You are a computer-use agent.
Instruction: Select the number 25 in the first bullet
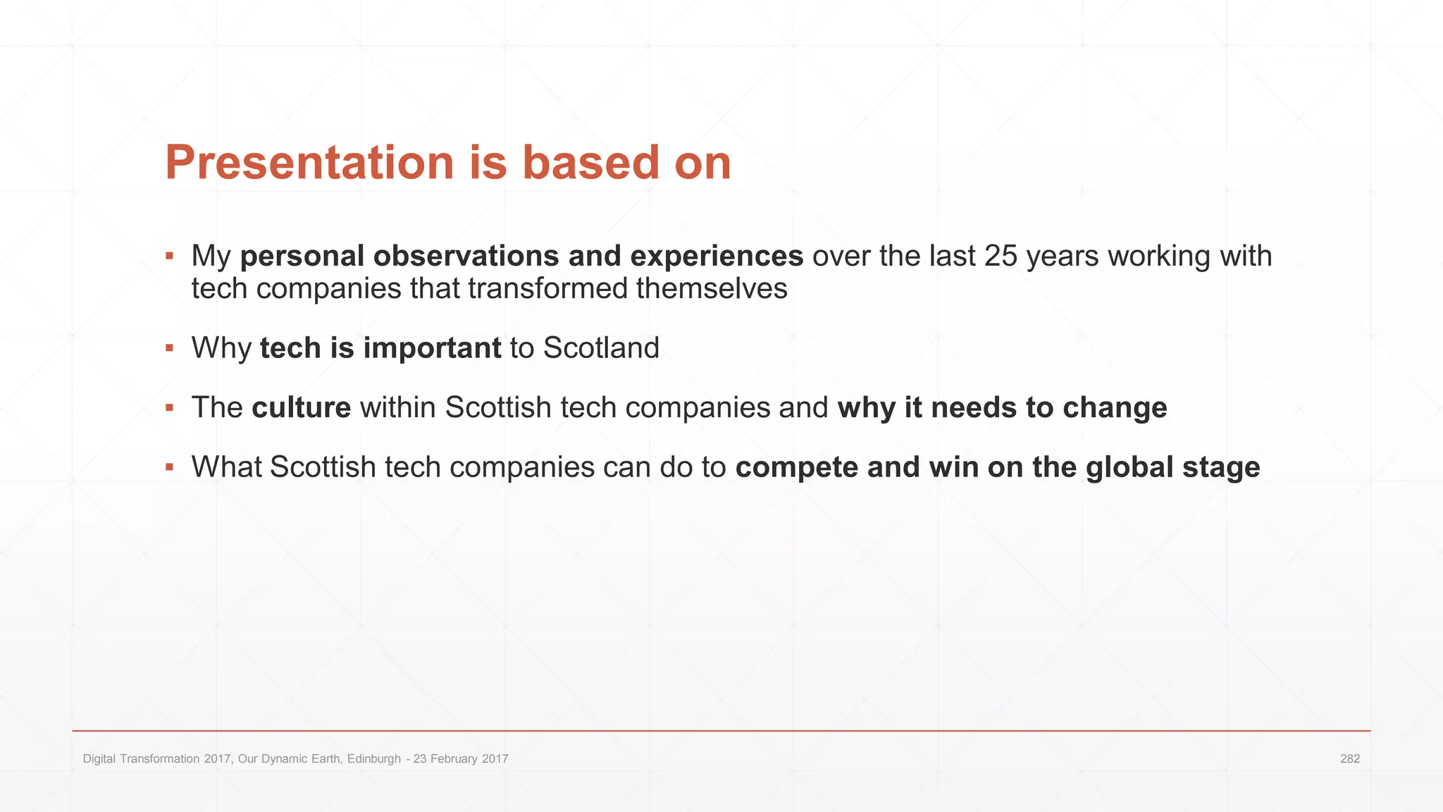coord(1001,256)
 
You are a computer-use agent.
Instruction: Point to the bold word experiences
coord(716,256)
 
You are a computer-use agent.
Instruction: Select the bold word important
coord(432,348)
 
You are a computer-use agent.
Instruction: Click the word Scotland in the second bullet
coord(601,348)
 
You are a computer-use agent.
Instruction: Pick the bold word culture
coord(301,407)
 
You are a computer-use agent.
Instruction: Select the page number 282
coord(1349,759)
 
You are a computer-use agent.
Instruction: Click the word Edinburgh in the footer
coord(373,759)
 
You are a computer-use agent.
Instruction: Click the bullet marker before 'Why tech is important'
coord(169,347)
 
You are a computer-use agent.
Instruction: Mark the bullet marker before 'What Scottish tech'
coord(169,467)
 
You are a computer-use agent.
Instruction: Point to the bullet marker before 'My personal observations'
coord(169,255)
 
